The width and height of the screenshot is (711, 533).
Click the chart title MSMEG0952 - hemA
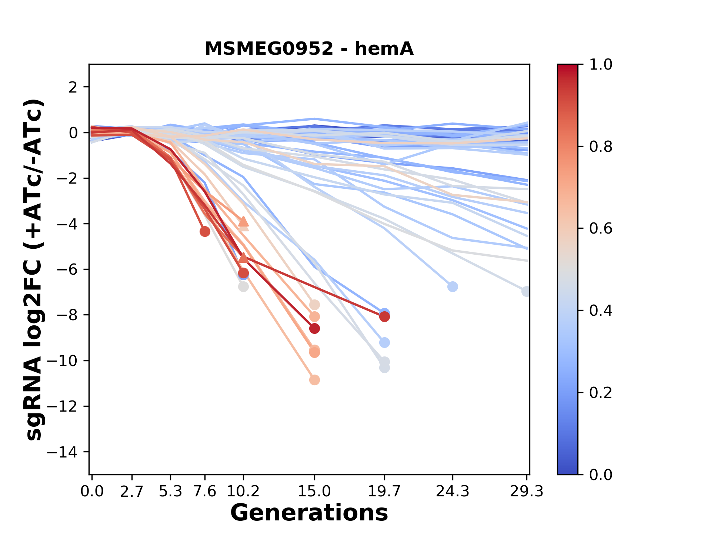click(309, 49)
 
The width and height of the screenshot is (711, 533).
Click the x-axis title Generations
click(309, 513)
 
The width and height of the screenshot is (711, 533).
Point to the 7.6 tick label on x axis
click(205, 492)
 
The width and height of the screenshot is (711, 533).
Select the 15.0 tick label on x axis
click(314, 492)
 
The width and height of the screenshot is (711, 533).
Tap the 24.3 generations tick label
click(452, 492)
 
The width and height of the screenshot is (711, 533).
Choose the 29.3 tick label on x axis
click(526, 492)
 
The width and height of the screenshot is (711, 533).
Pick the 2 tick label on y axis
click(73, 87)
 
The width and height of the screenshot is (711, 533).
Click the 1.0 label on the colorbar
click(601, 65)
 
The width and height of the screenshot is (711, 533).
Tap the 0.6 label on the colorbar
click(601, 229)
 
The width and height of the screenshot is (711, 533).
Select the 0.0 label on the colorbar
click(601, 475)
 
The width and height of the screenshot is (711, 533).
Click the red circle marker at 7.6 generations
click(205, 232)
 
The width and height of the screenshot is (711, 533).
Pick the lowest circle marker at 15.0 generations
click(314, 380)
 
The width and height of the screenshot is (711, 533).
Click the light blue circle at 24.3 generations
click(453, 286)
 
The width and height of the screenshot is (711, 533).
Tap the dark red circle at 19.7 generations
click(384, 316)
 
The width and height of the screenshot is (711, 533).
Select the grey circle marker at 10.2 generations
click(243, 286)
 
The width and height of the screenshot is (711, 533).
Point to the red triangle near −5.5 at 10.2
click(243, 258)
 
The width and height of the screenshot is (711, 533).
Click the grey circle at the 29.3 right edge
click(526, 291)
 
